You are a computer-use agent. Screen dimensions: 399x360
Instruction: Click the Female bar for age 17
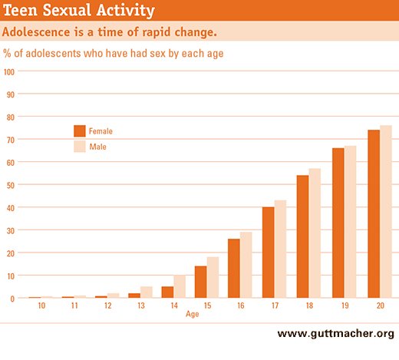click(x=269, y=253)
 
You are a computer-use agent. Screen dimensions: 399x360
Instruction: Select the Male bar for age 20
click(x=386, y=212)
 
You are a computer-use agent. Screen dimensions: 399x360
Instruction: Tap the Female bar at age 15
click(x=201, y=282)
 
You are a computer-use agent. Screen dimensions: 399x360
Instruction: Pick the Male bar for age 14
click(x=180, y=286)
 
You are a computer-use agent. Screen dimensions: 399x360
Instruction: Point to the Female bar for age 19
click(x=338, y=223)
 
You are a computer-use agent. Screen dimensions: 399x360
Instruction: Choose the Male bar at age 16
click(x=246, y=265)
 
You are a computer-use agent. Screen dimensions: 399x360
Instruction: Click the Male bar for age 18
click(x=315, y=233)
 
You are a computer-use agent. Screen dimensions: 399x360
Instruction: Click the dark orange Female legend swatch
click(x=80, y=131)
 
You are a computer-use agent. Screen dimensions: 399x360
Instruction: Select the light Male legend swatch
click(x=80, y=147)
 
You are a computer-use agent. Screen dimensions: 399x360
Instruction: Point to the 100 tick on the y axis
click(x=9, y=71)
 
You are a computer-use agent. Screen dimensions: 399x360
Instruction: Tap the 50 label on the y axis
click(x=11, y=185)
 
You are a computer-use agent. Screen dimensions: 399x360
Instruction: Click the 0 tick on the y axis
click(x=12, y=299)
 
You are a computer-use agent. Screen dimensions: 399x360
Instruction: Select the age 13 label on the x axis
click(x=141, y=306)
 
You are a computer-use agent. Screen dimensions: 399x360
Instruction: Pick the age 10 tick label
click(x=41, y=306)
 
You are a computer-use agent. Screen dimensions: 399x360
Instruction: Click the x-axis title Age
click(x=193, y=314)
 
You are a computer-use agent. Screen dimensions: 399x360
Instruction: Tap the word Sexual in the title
click(x=67, y=10)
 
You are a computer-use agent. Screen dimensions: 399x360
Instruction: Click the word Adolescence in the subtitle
click(x=36, y=32)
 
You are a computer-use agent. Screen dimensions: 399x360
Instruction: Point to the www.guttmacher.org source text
click(x=336, y=334)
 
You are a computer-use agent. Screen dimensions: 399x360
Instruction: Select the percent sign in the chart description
click(x=7, y=53)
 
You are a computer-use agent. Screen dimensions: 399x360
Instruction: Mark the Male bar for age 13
click(x=147, y=292)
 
